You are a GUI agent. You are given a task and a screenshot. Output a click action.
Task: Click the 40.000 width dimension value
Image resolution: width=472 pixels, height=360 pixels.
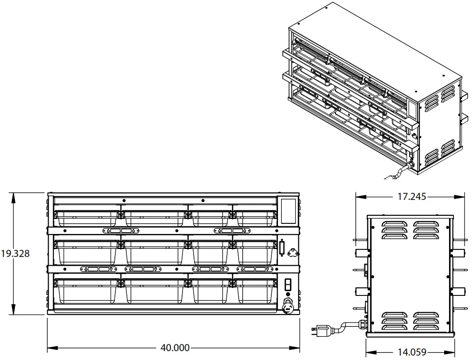coord(175,348)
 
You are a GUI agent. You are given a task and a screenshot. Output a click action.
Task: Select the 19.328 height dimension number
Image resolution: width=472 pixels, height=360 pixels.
coord(15,254)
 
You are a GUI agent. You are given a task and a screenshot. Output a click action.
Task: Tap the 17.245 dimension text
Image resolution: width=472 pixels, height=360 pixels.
coord(411,196)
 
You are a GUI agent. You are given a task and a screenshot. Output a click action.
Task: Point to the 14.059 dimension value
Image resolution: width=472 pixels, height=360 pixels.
coord(411,352)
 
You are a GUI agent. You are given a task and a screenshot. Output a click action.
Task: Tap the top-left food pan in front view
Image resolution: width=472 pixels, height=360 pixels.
coord(87,218)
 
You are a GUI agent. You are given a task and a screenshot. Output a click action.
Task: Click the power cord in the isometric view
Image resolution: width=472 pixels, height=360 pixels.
coord(396,173)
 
